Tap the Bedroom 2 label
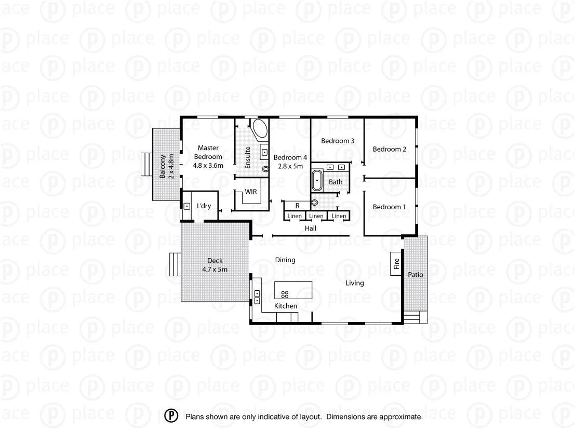(x=390, y=150)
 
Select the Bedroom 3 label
(x=338, y=141)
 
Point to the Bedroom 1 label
(x=390, y=207)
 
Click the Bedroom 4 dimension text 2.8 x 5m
(x=290, y=166)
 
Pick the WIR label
(x=251, y=192)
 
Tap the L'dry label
(x=204, y=206)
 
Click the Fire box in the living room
(x=396, y=264)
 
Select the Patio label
(x=415, y=275)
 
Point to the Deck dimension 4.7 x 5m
(x=215, y=270)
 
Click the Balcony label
(x=163, y=166)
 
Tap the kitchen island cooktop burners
(x=285, y=294)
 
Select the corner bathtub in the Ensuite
(x=259, y=129)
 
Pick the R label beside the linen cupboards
(x=297, y=206)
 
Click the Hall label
(x=311, y=228)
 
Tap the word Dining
(x=285, y=260)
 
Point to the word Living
(x=355, y=283)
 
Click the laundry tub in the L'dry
(x=186, y=206)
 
